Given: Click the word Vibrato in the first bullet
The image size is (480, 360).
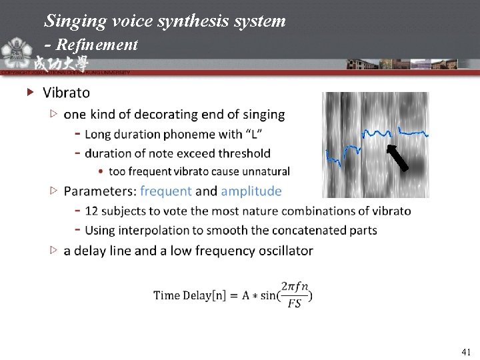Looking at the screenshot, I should click(66, 92).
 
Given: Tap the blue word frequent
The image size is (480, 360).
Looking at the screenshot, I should click(166, 191).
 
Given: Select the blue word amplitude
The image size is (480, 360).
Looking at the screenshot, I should click(251, 191).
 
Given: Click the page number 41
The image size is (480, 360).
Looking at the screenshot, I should click(466, 351).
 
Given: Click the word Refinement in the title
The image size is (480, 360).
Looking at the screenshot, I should click(97, 45).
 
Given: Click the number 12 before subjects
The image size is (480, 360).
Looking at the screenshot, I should click(92, 211).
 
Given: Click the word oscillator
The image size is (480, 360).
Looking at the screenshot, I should click(283, 251).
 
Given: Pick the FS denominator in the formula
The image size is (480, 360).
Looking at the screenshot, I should click(294, 303).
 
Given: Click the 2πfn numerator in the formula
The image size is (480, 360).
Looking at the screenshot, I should click(295, 287).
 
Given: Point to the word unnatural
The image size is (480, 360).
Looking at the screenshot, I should click(265, 171).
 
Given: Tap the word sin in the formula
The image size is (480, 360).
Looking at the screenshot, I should click(272, 295).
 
